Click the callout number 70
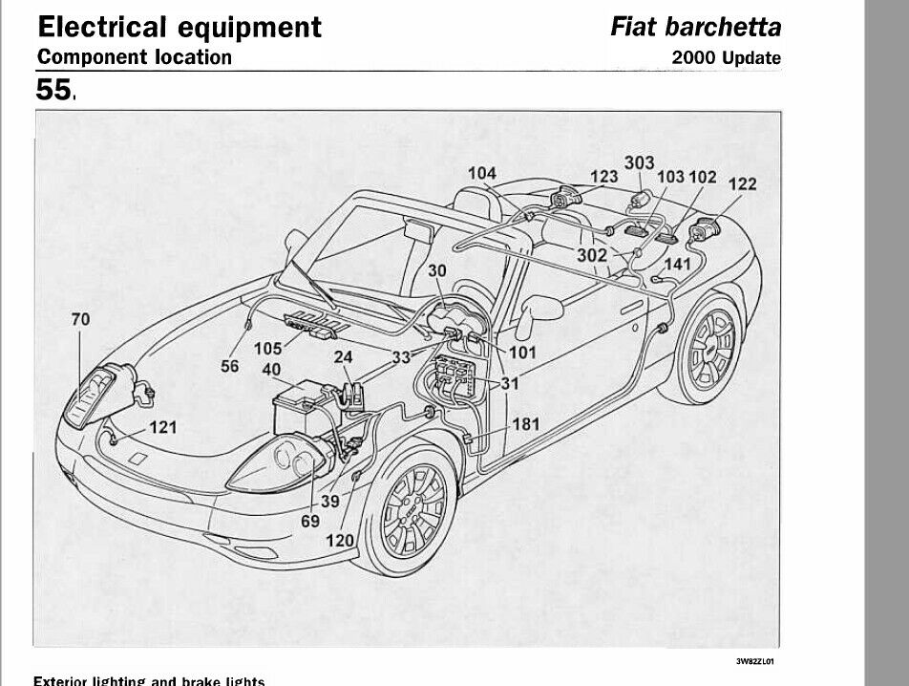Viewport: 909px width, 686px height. point(80,320)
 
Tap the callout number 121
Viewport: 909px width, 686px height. point(163,427)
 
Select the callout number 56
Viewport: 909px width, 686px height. point(230,365)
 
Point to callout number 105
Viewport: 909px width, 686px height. point(268,349)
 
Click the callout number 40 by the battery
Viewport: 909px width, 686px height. point(271,371)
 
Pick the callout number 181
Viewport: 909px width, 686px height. point(526,423)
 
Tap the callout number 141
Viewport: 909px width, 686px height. point(677,264)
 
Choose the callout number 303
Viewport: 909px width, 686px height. point(640,163)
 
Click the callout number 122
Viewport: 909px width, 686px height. point(742,184)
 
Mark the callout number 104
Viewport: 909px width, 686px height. point(482,173)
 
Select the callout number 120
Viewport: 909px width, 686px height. point(340,540)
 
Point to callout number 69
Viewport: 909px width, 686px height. point(309,521)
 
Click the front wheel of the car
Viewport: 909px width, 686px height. point(413,510)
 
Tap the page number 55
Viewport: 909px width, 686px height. point(53,91)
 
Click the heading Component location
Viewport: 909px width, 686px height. point(134,56)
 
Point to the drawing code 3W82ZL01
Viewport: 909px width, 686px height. point(754,660)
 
